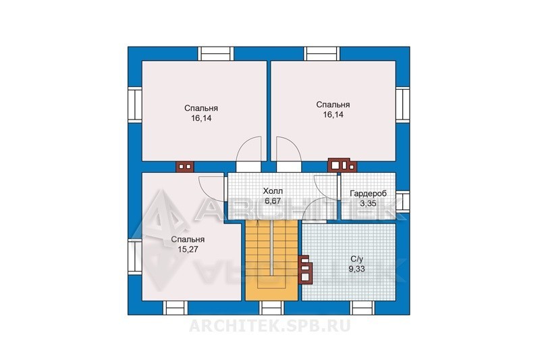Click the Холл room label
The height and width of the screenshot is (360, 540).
click(273, 191)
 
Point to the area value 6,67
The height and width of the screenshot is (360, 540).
click(273, 201)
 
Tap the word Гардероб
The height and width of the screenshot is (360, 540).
click(368, 193)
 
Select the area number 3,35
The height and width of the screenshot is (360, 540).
click(368, 203)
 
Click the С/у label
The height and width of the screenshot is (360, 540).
click(356, 259)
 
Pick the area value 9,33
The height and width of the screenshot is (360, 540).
click(356, 269)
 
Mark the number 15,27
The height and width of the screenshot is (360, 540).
click(188, 249)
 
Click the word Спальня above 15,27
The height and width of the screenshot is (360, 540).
click(188, 239)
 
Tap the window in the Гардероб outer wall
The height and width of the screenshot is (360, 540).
click(402, 201)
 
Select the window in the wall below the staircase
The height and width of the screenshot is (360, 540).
click(272, 307)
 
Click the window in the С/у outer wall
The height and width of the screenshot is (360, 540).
click(362, 307)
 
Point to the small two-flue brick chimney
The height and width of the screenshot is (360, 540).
click(185, 167)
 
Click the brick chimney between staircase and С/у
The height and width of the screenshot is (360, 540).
click(306, 269)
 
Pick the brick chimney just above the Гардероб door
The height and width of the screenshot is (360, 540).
click(342, 165)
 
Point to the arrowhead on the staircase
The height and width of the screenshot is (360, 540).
click(258, 222)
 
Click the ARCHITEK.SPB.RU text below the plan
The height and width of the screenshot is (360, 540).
click(269, 326)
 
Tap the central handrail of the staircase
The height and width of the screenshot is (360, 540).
click(272, 247)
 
